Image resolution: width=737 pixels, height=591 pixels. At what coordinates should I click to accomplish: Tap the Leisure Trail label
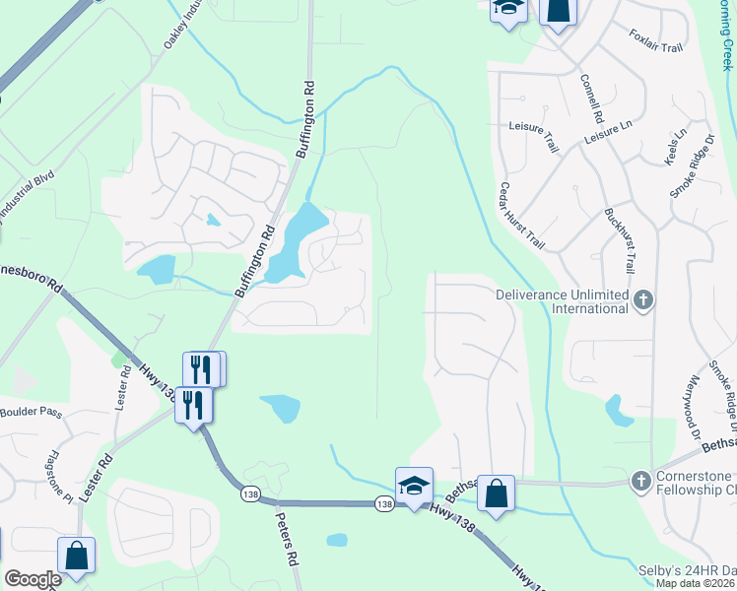[533, 127]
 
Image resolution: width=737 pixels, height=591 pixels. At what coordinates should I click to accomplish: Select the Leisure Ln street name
[607, 129]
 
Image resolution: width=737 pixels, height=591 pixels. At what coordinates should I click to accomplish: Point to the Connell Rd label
[591, 98]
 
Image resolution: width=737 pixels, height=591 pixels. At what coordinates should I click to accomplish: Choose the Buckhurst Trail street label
[617, 241]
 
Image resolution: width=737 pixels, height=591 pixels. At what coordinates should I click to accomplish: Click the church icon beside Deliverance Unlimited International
[643, 299]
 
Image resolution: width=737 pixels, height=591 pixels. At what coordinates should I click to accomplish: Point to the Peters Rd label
[287, 538]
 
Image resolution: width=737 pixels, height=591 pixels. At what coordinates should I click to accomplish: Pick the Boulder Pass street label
[32, 412]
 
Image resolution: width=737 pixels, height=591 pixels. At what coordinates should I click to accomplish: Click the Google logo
[32, 579]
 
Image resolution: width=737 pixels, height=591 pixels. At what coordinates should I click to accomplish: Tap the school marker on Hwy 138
[414, 485]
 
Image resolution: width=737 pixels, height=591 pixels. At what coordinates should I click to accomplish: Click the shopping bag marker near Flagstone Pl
[76, 555]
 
